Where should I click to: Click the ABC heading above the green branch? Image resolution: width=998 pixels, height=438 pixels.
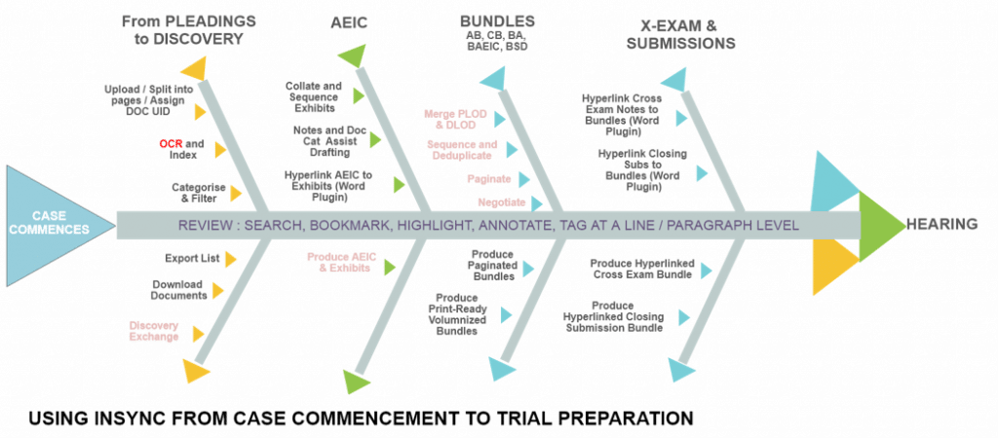pyautogui.click(x=348, y=21)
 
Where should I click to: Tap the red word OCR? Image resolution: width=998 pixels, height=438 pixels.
pyautogui.click(x=171, y=145)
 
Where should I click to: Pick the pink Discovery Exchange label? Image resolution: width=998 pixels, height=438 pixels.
pyautogui.click(x=154, y=330)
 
